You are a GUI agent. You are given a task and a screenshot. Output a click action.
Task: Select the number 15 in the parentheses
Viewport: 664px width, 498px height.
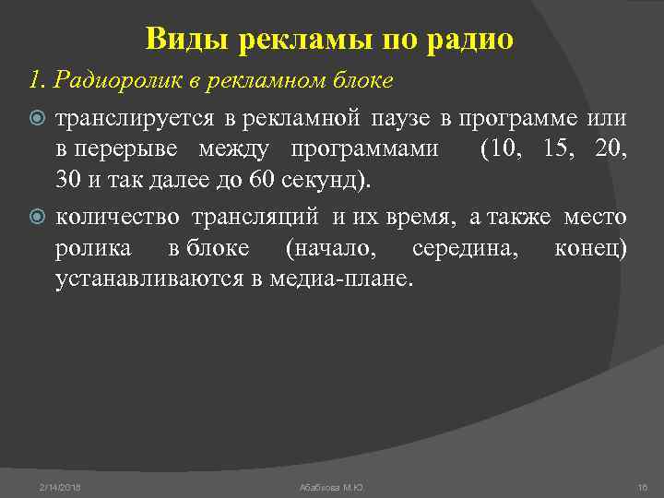[x=557, y=150]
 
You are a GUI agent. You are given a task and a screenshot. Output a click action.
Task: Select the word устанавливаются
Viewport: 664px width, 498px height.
[x=149, y=279]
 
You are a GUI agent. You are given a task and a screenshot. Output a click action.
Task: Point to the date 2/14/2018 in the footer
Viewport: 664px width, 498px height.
[x=60, y=486]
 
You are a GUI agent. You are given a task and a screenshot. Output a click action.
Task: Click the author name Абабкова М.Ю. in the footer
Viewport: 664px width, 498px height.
[x=332, y=486]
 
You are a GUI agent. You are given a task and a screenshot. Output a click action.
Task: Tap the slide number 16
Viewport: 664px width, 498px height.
[x=643, y=486]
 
